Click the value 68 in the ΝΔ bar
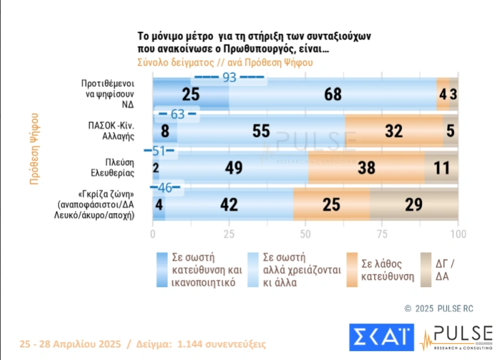click(x=333, y=95)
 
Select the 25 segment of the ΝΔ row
click(x=191, y=95)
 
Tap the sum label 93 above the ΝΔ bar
click(x=229, y=78)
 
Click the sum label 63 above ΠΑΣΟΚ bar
click(x=177, y=114)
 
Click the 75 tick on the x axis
click(x=382, y=234)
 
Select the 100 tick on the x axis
click(x=458, y=234)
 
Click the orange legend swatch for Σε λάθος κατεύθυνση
click(x=351, y=270)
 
